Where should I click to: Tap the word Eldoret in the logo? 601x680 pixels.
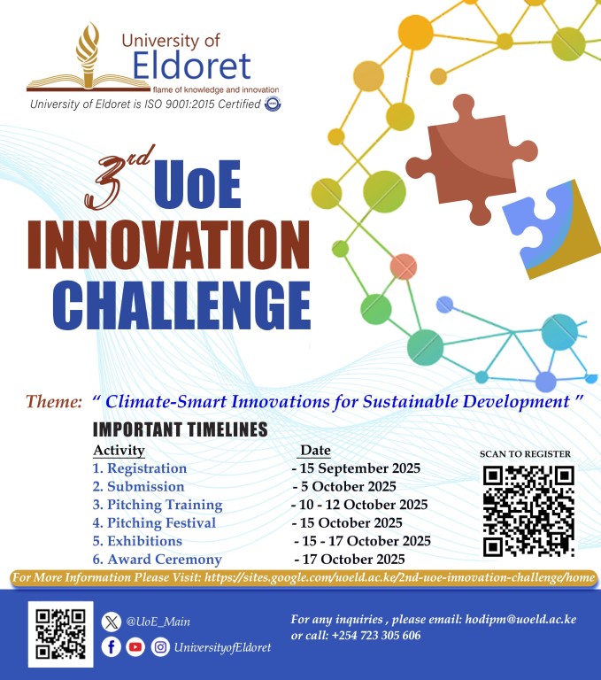click(192, 66)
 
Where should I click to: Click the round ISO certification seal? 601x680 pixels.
click(273, 104)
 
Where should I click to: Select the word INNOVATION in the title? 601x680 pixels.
click(169, 245)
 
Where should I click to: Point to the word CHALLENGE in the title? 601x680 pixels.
click(181, 305)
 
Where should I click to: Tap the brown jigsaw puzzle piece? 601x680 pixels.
click(471, 158)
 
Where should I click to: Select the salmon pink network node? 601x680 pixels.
click(404, 267)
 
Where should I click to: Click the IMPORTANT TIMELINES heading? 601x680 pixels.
click(180, 429)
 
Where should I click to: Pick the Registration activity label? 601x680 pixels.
click(140, 468)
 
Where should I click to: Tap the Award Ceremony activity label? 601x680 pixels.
click(157, 560)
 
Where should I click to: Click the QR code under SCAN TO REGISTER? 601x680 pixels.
click(528, 511)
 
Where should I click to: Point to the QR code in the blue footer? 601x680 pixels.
click(61, 634)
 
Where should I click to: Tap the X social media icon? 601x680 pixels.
click(111, 622)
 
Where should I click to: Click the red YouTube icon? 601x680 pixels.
click(135, 647)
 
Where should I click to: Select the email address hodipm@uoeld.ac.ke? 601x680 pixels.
click(520, 619)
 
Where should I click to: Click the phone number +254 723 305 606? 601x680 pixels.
click(376, 636)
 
